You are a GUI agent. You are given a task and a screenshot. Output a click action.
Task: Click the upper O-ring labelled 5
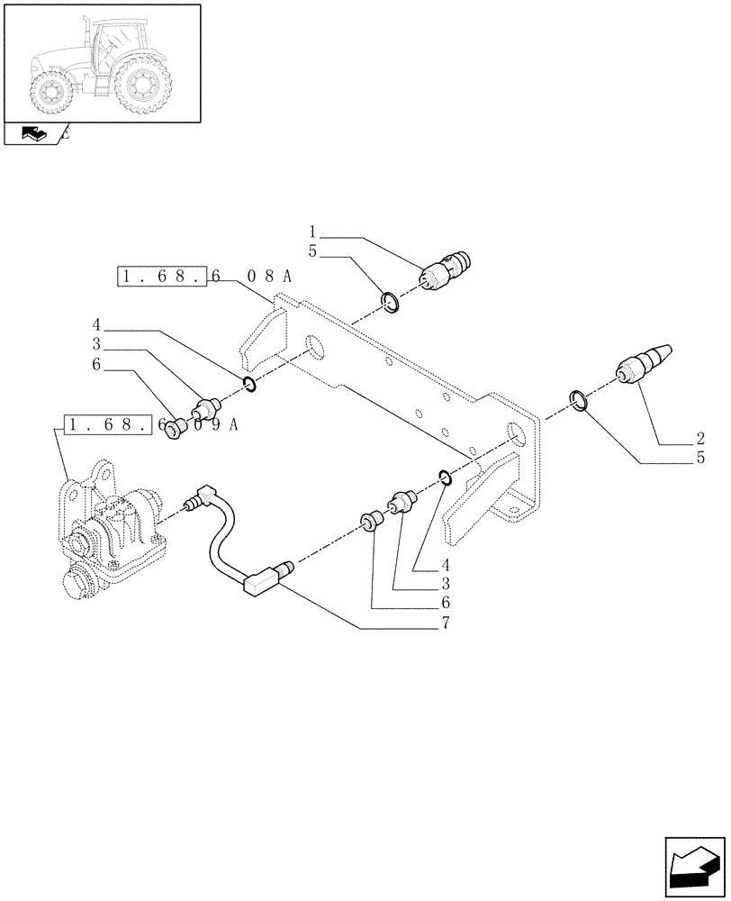390,302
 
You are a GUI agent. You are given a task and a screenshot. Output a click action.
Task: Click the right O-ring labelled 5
580,400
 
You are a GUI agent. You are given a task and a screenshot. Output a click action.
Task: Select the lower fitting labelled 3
402,499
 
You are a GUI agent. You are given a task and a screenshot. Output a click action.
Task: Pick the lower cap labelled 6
370,521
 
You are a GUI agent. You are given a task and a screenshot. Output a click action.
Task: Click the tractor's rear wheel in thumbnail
141,86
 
